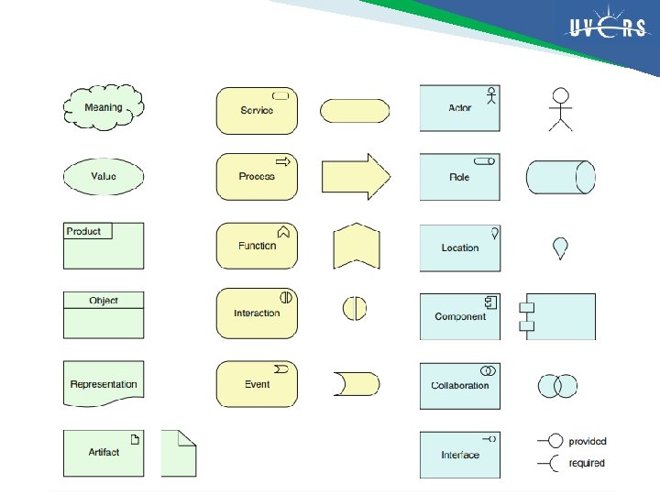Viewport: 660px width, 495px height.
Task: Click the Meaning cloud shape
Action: (104, 107)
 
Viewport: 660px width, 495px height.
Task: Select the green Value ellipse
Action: (104, 176)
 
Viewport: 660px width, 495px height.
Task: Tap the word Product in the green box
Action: (84, 231)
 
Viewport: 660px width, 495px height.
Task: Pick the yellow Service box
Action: (257, 110)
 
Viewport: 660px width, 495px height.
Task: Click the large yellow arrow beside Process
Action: (356, 176)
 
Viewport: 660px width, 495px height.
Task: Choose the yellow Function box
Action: (257, 246)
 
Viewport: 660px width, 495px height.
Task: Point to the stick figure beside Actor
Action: (559, 109)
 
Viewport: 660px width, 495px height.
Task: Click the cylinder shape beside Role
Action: (560, 177)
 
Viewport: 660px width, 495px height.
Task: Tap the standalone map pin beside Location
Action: (560, 247)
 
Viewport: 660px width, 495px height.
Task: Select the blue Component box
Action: (460, 316)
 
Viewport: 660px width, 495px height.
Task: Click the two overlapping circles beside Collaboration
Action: (557, 385)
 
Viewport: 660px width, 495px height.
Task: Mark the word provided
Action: (588, 441)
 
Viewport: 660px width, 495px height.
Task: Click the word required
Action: (587, 463)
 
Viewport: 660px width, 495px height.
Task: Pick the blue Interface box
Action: (460, 455)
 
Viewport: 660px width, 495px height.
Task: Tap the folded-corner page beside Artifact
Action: (179, 453)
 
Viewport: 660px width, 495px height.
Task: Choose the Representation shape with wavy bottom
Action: (104, 384)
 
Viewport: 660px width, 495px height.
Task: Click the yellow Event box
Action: (257, 384)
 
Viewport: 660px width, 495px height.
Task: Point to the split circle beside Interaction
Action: (355, 308)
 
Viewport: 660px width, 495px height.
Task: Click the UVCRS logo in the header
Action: (604, 28)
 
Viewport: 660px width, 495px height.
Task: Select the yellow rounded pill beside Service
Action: (355, 110)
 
